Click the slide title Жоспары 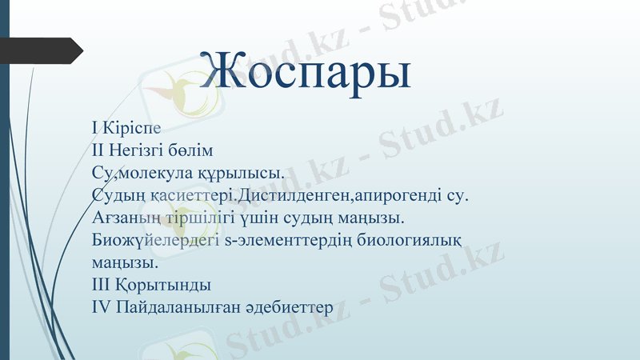pyautogui.click(x=306, y=70)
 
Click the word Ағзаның pyautogui.click(x=125, y=217)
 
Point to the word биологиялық pyautogui.click(x=415, y=239)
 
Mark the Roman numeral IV pyautogui.click(x=102, y=306)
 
